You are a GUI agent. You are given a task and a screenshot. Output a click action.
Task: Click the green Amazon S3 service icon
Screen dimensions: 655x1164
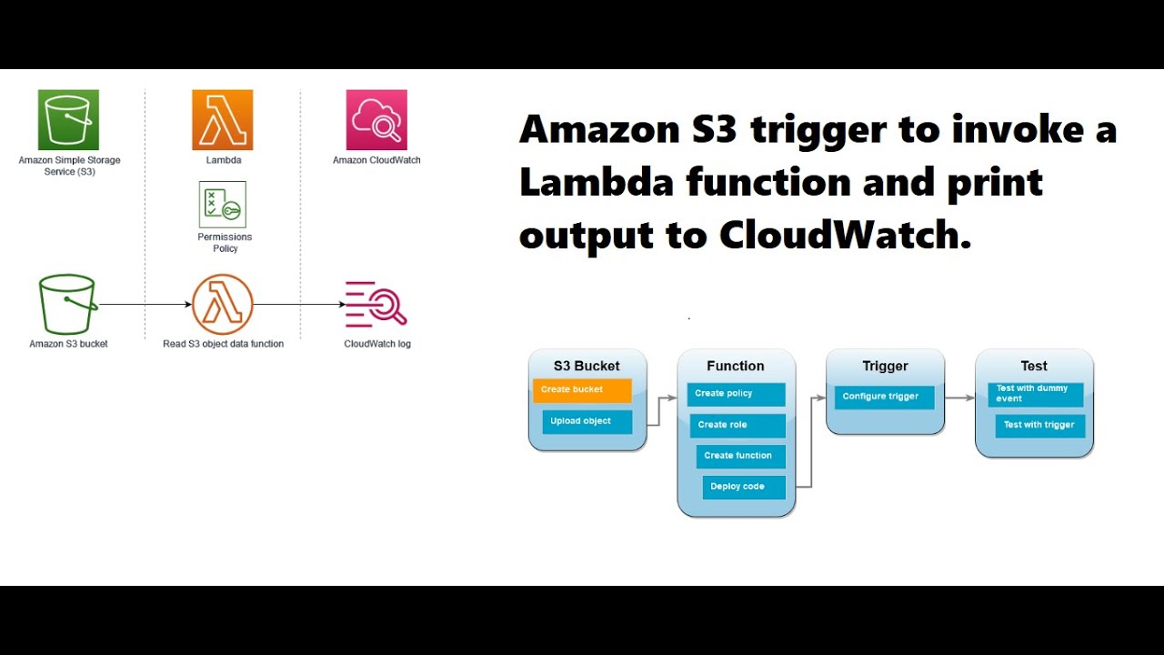coord(68,120)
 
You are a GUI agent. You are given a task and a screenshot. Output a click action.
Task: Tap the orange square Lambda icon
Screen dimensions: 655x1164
coord(222,120)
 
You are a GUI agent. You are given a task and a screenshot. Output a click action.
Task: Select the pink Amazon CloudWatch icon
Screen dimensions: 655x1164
coord(376,120)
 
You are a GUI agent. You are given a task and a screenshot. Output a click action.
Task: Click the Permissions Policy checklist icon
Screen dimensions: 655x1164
coord(223,205)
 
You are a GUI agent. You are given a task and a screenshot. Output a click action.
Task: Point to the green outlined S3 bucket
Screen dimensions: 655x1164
coord(68,304)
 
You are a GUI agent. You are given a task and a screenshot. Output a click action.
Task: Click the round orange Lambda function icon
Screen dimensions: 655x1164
coord(223,304)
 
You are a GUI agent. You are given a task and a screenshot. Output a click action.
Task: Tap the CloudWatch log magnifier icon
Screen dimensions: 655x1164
coord(376,305)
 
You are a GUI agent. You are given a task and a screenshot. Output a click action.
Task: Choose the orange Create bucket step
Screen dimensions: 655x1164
coord(582,390)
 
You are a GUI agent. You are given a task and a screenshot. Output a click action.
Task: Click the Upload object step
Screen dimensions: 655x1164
coord(587,421)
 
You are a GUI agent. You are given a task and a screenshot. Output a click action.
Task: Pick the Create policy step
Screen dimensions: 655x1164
coord(736,394)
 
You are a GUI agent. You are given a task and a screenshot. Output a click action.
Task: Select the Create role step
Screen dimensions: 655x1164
coord(736,425)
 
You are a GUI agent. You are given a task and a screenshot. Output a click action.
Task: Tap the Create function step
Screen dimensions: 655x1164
coord(740,456)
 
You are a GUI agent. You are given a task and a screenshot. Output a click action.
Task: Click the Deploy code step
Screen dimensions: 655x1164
coord(743,487)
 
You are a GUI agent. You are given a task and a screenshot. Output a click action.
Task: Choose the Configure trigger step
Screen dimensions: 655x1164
coord(884,397)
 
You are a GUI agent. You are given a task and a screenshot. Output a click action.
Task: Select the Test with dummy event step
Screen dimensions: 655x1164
coord(1035,394)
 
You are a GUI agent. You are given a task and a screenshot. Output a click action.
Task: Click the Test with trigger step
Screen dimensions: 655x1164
coord(1039,425)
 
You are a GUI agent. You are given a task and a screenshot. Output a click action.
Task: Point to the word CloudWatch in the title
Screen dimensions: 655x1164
coord(839,236)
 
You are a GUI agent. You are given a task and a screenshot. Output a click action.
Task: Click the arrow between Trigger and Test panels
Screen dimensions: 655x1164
coord(959,398)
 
